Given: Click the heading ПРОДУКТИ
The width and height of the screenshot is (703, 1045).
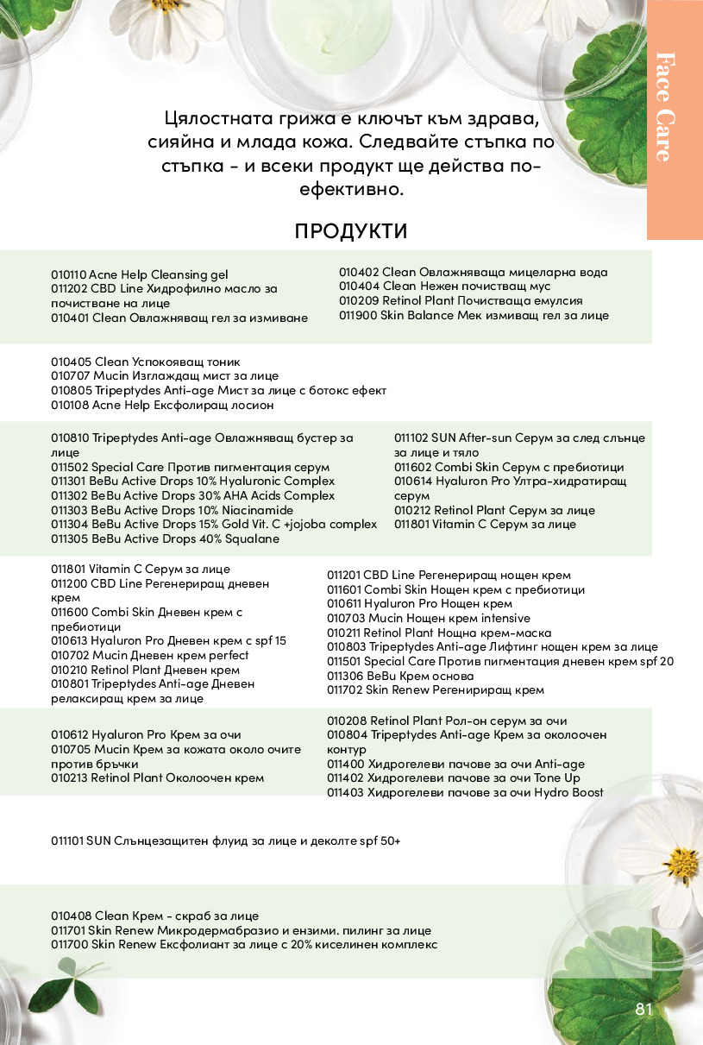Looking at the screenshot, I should point(350,231).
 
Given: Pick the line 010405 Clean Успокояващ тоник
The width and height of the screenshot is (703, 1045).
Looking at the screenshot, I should point(145,362).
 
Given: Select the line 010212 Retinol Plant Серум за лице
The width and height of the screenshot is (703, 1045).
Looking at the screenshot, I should point(494,510).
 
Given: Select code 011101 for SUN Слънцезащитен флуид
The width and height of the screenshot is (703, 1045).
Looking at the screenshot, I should point(67,840).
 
